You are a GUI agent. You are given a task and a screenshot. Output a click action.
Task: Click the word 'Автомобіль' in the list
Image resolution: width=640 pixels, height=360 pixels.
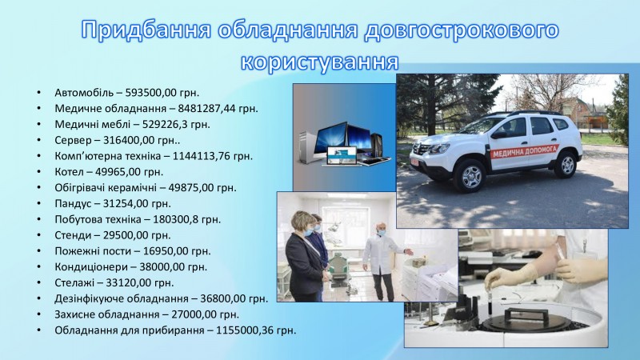click(84, 93)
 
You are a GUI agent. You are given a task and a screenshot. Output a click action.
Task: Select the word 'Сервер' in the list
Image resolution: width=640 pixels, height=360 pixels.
click(73, 141)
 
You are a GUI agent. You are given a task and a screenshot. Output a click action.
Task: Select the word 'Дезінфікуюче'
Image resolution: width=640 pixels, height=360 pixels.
click(90, 299)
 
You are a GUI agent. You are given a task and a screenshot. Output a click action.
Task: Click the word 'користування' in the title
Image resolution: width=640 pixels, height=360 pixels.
click(319, 62)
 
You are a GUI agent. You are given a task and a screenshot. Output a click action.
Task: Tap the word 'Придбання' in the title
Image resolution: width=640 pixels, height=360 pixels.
click(146, 30)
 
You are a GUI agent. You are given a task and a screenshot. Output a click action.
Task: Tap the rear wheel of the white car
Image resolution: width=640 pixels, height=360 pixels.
click(566, 165)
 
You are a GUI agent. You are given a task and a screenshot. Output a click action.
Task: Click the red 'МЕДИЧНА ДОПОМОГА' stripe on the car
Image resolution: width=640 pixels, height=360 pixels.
click(524, 151)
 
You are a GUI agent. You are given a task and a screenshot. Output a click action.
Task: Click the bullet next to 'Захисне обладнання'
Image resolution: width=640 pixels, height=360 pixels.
click(38, 314)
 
